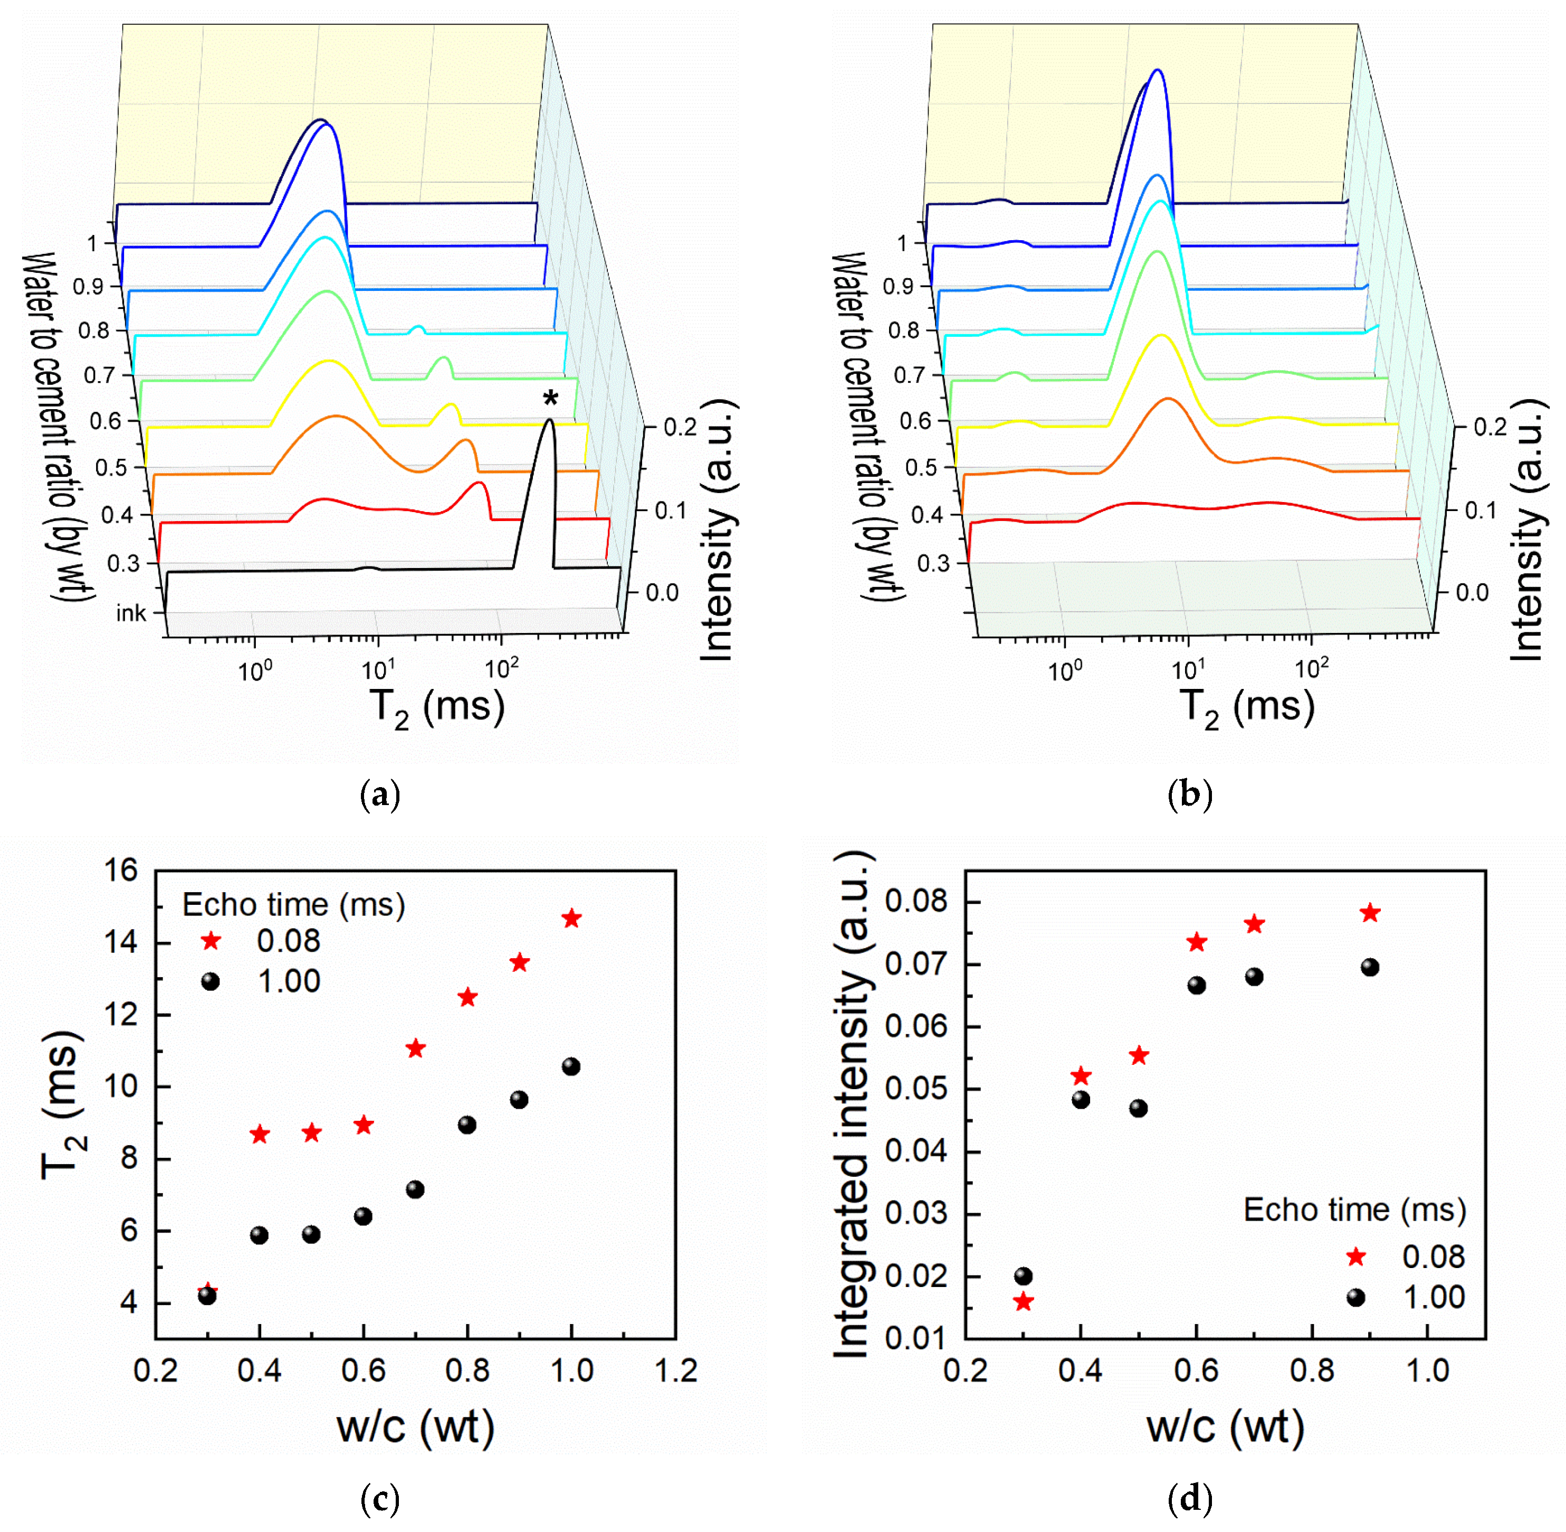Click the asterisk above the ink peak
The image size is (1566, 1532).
pyautogui.click(x=550, y=398)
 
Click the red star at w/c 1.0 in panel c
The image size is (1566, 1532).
pyautogui.click(x=571, y=919)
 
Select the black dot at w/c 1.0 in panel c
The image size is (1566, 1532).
pyautogui.click(x=571, y=1067)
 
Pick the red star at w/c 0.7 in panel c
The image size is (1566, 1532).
pyautogui.click(x=415, y=1048)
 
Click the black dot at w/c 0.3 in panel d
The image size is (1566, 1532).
pyautogui.click(x=1023, y=1276)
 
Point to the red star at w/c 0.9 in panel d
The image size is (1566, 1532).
pyautogui.click(x=1370, y=913)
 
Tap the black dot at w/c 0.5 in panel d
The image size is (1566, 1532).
pyautogui.click(x=1138, y=1109)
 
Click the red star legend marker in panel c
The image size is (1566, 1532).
pyautogui.click(x=211, y=941)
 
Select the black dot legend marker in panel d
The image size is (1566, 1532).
pyautogui.click(x=1356, y=1298)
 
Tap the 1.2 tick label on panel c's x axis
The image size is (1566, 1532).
pyautogui.click(x=675, y=1371)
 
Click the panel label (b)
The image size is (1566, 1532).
pyautogui.click(x=1190, y=795)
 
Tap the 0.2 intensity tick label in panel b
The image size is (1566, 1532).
pyautogui.click(x=1489, y=427)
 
